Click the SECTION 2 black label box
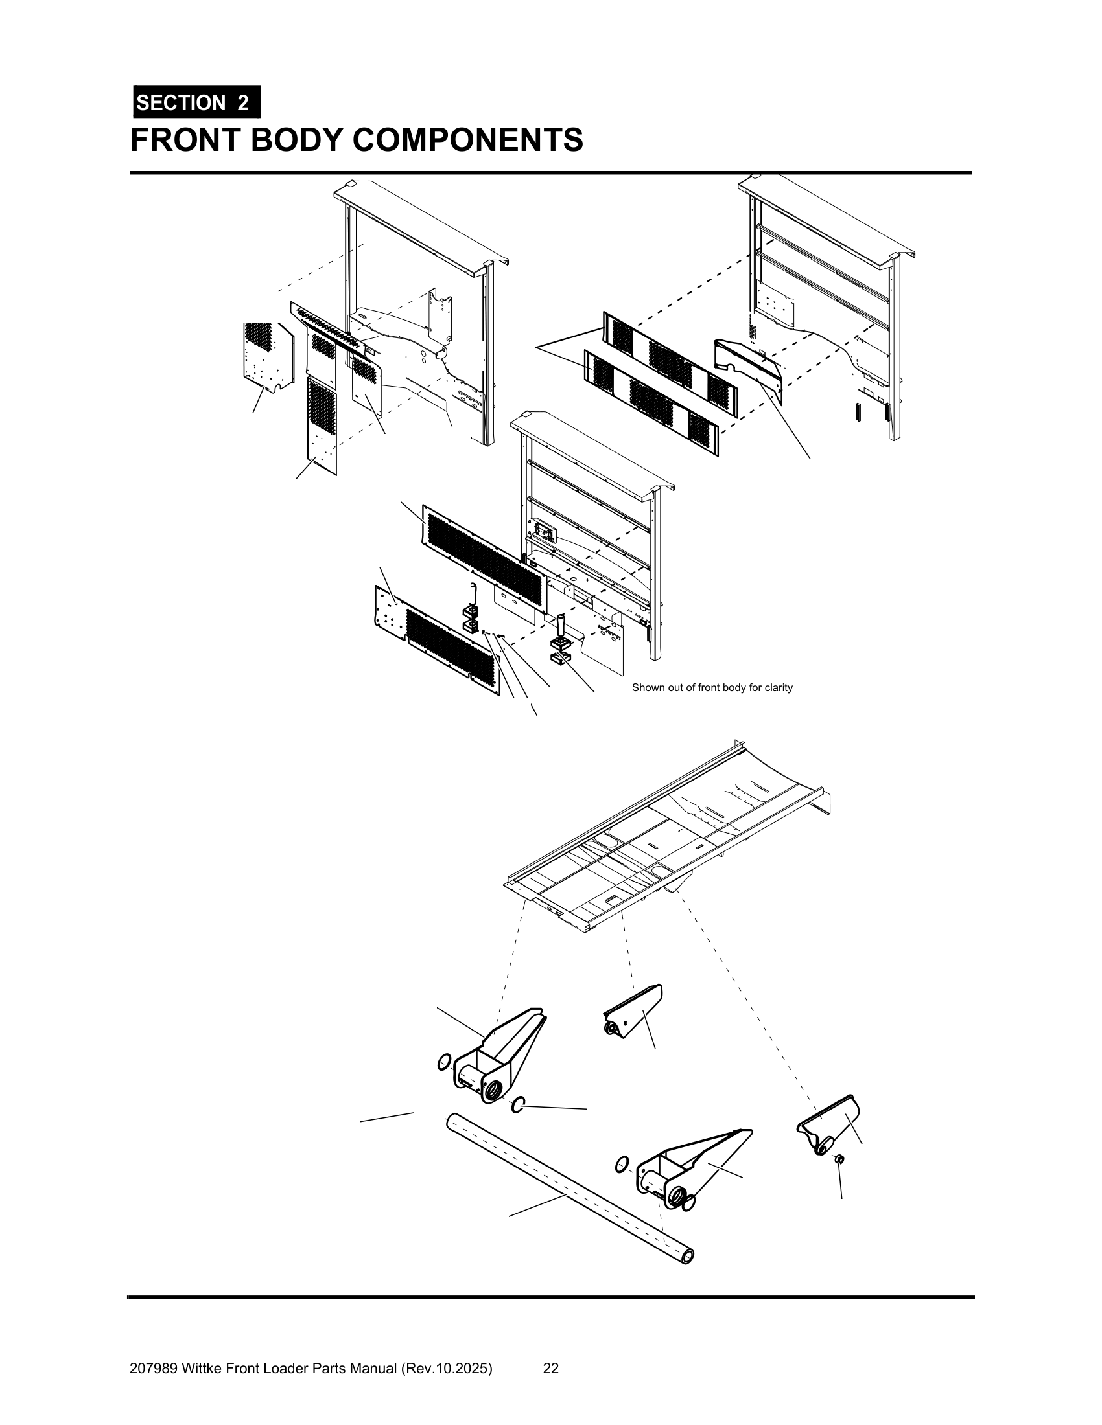(x=196, y=102)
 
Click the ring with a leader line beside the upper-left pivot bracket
(x=518, y=1104)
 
